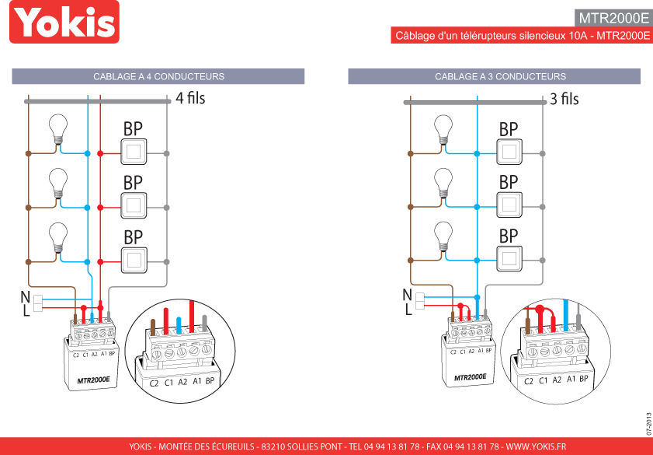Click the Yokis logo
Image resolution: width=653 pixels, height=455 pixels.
[x=64, y=22]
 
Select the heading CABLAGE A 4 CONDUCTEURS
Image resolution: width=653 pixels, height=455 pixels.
[x=158, y=77]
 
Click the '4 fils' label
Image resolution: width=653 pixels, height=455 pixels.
[x=190, y=99]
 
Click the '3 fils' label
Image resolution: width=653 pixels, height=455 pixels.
[x=564, y=100]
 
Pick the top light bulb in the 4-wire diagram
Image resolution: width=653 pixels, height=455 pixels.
[x=58, y=128]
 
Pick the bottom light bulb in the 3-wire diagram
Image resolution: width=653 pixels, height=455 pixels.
[x=443, y=236]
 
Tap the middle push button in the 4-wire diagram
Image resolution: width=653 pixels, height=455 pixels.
[x=134, y=205]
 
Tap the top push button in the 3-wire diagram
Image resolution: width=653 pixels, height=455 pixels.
[x=509, y=152]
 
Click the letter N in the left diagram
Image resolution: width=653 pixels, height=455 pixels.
[x=26, y=297]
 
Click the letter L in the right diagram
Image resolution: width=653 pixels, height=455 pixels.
[x=408, y=309]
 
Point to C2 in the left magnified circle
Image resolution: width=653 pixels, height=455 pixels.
[x=154, y=383]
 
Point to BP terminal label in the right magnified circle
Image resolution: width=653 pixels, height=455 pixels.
[x=583, y=379]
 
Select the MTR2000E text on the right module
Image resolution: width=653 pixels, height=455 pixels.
[x=471, y=377]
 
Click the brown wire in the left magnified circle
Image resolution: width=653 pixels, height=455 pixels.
[x=153, y=327]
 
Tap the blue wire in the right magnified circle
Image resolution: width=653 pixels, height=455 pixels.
[x=565, y=316]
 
